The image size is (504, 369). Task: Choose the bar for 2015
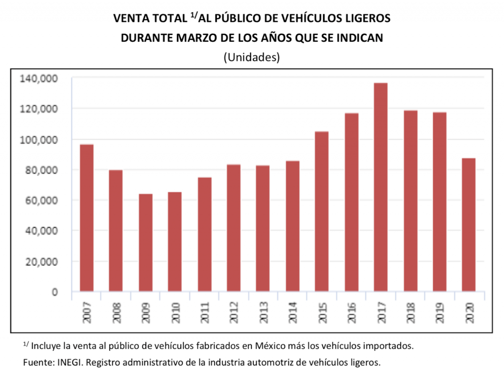(322, 211)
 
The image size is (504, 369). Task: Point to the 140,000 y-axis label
(39, 78)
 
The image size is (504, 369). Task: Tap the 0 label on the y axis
(55, 292)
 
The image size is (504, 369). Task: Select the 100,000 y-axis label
(39, 140)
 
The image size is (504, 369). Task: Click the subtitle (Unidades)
(252, 57)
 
